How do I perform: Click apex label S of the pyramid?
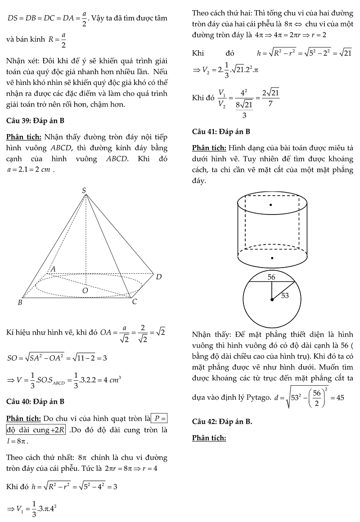pos(84,191)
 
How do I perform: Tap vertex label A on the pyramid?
pos(53,269)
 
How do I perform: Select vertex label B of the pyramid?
pos(20,303)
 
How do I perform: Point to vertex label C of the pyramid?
pos(134,302)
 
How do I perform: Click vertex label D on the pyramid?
pos(158,277)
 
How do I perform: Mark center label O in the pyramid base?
pos(85,291)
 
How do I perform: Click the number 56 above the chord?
pos(271,277)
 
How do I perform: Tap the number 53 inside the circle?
pos(285,295)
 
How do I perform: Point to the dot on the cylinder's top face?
pos(271,205)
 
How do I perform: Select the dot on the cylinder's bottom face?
pos(272,258)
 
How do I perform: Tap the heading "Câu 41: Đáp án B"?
pos(221,131)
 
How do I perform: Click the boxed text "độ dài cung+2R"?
pos(36,430)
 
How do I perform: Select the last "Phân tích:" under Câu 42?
pos(209,438)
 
